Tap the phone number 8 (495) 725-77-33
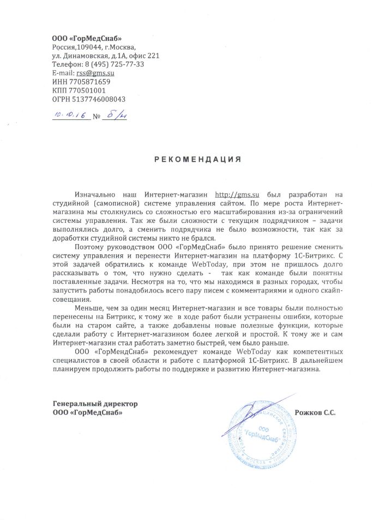pos(114,64)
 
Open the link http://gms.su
pos(237,193)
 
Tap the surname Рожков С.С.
pos(315,413)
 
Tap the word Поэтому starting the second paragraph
pos(92,247)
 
